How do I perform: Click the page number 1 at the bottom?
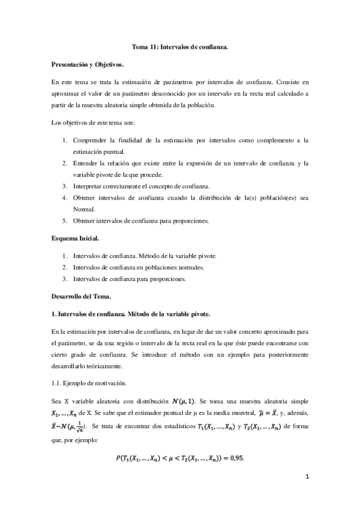pyautogui.click(x=307, y=477)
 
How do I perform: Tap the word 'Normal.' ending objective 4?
pyautogui.click(x=85, y=209)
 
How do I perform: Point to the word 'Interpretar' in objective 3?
pyautogui.click(x=91, y=186)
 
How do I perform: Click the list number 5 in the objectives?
pyautogui.click(x=65, y=221)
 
